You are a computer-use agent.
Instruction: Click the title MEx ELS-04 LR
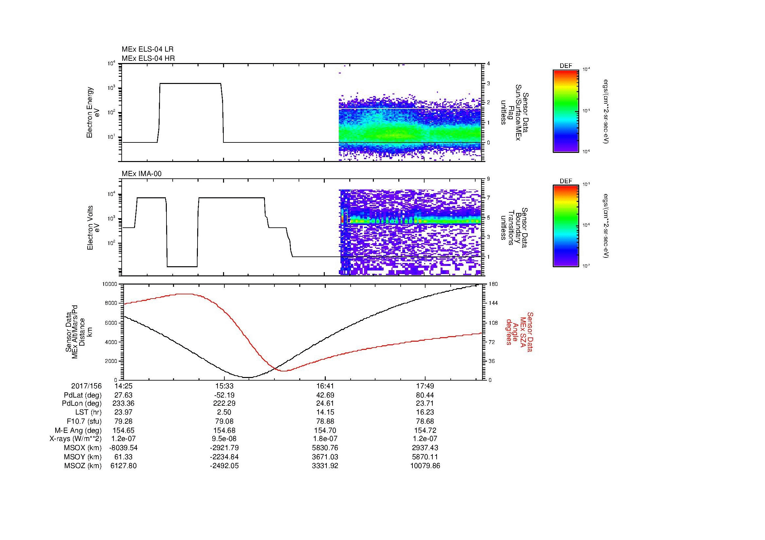click(147, 49)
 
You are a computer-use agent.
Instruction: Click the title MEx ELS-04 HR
click(148, 58)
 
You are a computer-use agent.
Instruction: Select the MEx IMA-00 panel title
click(141, 174)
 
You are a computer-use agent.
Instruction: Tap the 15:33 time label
click(224, 386)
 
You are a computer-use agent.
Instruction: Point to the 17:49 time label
click(425, 386)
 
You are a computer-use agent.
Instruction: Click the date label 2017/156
click(86, 386)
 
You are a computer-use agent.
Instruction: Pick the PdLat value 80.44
click(425, 395)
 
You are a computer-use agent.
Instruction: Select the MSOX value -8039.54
click(123, 448)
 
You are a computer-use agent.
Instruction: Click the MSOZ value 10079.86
click(425, 466)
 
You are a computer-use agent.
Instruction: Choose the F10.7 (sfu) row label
click(83, 421)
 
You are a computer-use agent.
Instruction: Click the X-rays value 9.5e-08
click(224, 439)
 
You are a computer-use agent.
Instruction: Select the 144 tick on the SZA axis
click(493, 303)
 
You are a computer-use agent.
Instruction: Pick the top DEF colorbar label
click(565, 66)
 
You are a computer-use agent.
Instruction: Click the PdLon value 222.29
click(224, 403)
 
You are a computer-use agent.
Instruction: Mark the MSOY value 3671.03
click(325, 457)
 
